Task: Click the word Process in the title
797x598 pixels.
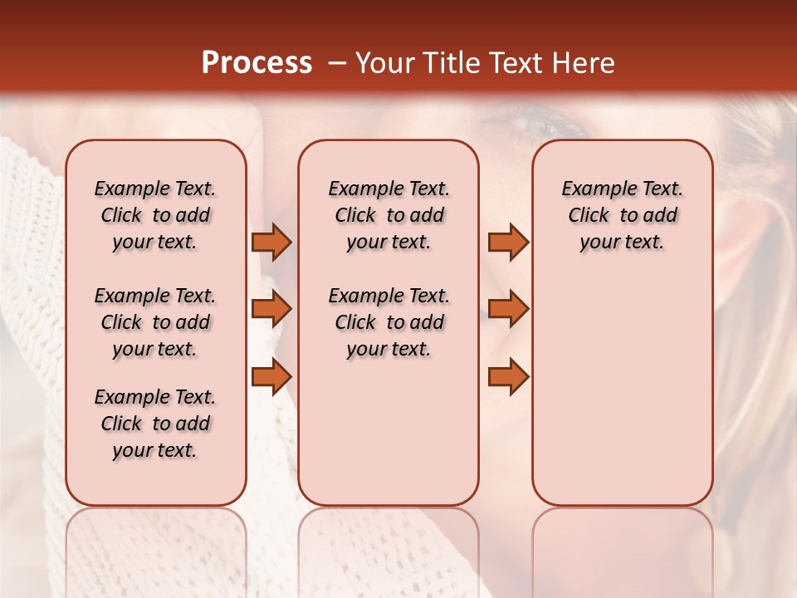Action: coord(257,63)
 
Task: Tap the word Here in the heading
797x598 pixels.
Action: coord(584,63)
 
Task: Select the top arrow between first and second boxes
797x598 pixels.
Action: coord(271,242)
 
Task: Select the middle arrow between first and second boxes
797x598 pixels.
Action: coord(271,309)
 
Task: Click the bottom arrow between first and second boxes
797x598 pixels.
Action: coord(271,376)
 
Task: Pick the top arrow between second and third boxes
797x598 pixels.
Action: coord(508,242)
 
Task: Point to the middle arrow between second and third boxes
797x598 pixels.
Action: coord(508,309)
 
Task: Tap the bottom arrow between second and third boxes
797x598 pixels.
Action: coord(508,376)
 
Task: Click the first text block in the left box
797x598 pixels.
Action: coord(155,215)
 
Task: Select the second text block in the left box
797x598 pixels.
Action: coord(155,322)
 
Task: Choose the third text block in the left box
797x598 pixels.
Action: coord(155,424)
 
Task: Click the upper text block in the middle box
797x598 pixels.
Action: coord(389,215)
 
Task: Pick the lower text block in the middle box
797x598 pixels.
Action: coord(389,322)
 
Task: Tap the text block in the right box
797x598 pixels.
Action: coord(622,215)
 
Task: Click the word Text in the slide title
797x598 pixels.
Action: coord(514,63)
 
